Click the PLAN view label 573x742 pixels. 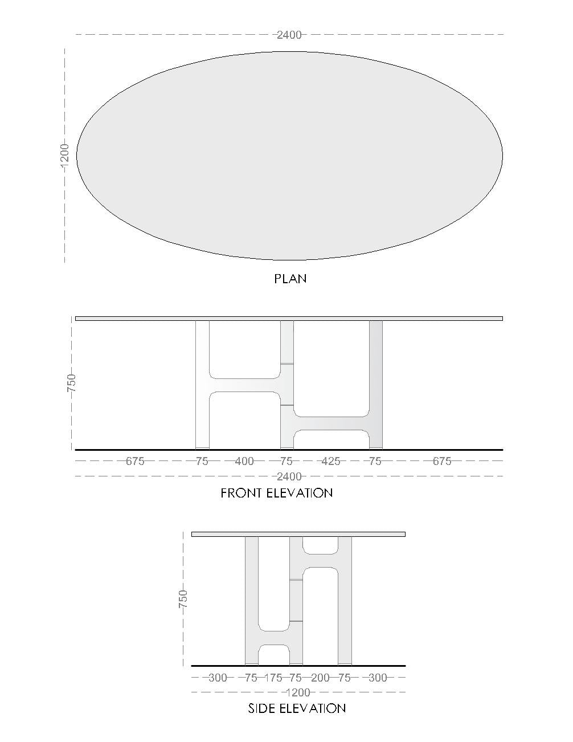click(x=290, y=279)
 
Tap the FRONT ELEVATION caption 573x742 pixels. click(x=276, y=493)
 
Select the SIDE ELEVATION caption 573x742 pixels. click(x=297, y=708)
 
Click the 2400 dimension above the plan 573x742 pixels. click(x=289, y=35)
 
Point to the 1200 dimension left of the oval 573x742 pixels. click(x=64, y=156)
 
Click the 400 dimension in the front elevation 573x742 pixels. click(x=244, y=461)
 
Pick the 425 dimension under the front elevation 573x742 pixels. click(x=331, y=461)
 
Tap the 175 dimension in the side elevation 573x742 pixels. click(x=273, y=678)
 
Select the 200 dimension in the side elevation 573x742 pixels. click(x=320, y=678)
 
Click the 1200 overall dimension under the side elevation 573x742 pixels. click(x=298, y=692)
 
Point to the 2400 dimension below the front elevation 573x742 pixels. click(x=289, y=476)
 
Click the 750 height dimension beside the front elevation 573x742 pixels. click(x=72, y=383)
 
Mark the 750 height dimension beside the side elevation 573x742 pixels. click(x=183, y=599)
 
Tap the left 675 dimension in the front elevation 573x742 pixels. click(x=135, y=461)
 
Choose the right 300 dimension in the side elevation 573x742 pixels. click(x=378, y=678)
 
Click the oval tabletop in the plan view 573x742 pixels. click(x=289, y=156)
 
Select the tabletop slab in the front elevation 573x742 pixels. click(x=289, y=319)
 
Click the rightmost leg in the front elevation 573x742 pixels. click(x=376, y=385)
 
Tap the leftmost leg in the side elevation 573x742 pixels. click(x=252, y=601)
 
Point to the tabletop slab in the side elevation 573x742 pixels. click(x=298, y=535)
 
